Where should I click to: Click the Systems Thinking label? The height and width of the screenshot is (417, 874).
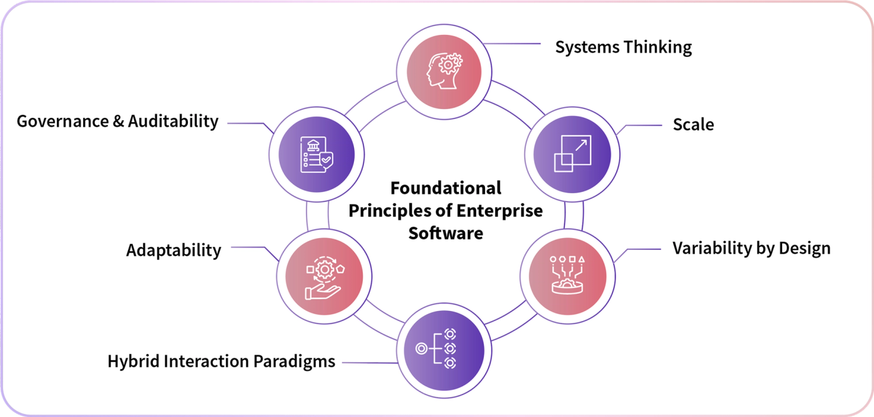pyautogui.click(x=624, y=47)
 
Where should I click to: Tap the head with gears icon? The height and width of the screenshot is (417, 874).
pyautogui.click(x=444, y=71)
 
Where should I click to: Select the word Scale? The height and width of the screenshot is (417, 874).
pyautogui.click(x=694, y=125)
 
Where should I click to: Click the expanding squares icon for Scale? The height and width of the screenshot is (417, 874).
pyautogui.click(x=572, y=153)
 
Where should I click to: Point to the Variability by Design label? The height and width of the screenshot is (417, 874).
pyautogui.click(x=752, y=249)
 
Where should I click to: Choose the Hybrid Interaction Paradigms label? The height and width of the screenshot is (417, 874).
pyautogui.click(x=221, y=362)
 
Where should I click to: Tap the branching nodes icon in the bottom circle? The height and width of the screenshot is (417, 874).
pyautogui.click(x=436, y=348)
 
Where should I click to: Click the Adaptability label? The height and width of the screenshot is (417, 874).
pyautogui.click(x=174, y=250)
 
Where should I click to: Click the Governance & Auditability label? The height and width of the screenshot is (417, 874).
pyautogui.click(x=117, y=122)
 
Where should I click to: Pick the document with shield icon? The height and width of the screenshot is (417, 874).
pyautogui.click(x=317, y=155)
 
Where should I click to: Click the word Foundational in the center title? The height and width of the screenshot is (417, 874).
pyautogui.click(x=446, y=188)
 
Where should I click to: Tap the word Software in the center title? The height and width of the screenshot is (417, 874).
pyautogui.click(x=446, y=234)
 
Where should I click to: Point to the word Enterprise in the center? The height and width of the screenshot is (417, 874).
pyautogui.click(x=499, y=211)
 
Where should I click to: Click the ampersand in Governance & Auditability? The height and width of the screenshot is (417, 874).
pyautogui.click(x=118, y=121)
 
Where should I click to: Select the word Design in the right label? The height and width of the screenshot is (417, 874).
pyautogui.click(x=805, y=249)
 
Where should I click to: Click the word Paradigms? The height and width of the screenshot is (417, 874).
pyautogui.click(x=294, y=362)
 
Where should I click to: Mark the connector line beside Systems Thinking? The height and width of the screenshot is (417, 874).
pyautogui.click(x=511, y=44)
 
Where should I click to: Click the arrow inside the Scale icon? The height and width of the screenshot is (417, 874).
pyautogui.click(x=581, y=145)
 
